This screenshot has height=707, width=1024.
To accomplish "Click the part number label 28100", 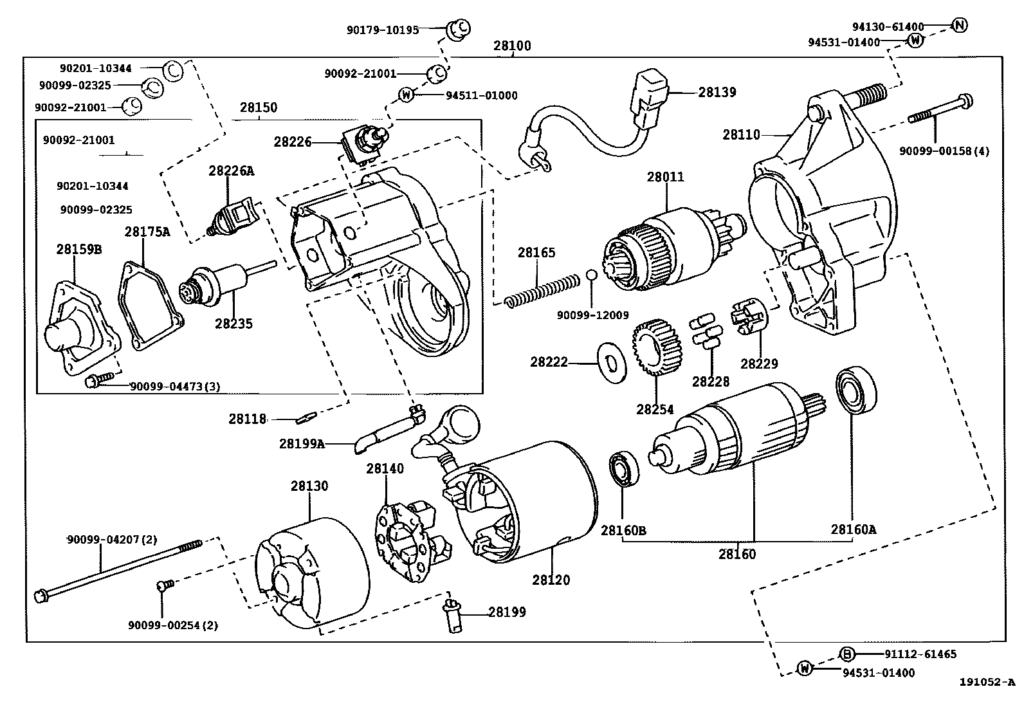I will tap(512, 46).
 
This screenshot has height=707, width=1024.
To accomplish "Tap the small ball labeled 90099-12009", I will tap(592, 276).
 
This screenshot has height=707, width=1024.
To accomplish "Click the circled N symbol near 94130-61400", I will tap(959, 26).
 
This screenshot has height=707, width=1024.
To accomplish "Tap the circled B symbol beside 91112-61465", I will tap(848, 654).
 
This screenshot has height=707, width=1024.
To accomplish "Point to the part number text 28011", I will tap(666, 177).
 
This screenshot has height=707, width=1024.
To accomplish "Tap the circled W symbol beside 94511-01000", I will tap(406, 95).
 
